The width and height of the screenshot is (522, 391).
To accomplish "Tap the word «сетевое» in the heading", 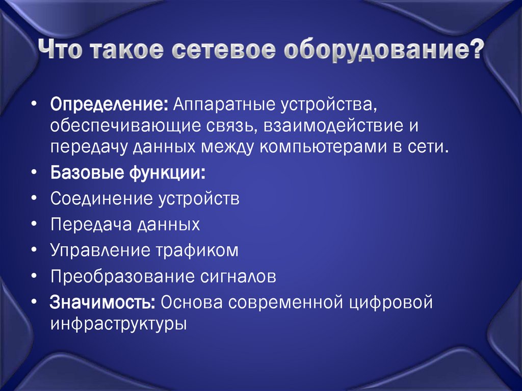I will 221,51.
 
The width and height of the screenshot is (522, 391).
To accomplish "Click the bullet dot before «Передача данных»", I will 33,224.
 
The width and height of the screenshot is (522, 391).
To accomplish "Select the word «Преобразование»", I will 118,277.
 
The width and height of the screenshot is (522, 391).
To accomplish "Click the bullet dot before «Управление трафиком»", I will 33,250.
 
